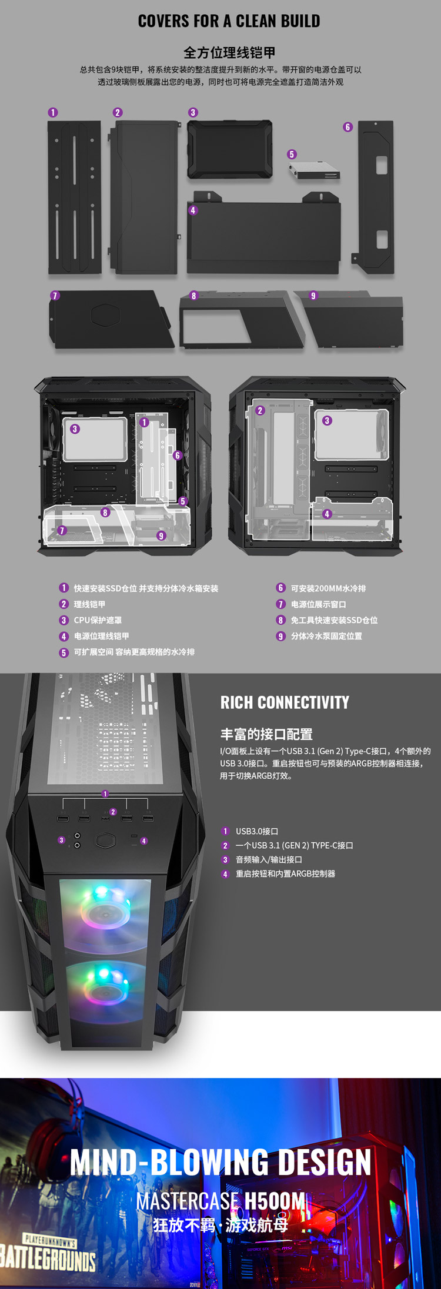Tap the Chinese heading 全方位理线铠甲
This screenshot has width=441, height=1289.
pos(229,53)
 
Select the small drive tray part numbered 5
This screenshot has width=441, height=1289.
pos(314,170)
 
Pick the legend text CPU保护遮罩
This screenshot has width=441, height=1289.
pos(98,620)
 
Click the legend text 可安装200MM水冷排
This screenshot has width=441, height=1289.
pos(328,588)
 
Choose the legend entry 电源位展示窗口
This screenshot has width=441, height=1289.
pos(318,604)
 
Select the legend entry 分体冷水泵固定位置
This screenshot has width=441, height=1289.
pos(326,636)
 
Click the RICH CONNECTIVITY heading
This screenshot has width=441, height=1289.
pos(285,702)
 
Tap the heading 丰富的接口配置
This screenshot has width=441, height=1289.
pos(266,734)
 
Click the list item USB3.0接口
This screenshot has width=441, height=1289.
pos(257,831)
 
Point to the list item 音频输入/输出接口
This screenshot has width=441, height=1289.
pos(269,859)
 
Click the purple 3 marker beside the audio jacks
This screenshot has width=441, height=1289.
pos(61,841)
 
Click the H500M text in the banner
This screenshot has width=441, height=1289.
pos(275,1201)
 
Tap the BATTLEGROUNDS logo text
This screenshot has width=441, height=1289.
pos(47,1258)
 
